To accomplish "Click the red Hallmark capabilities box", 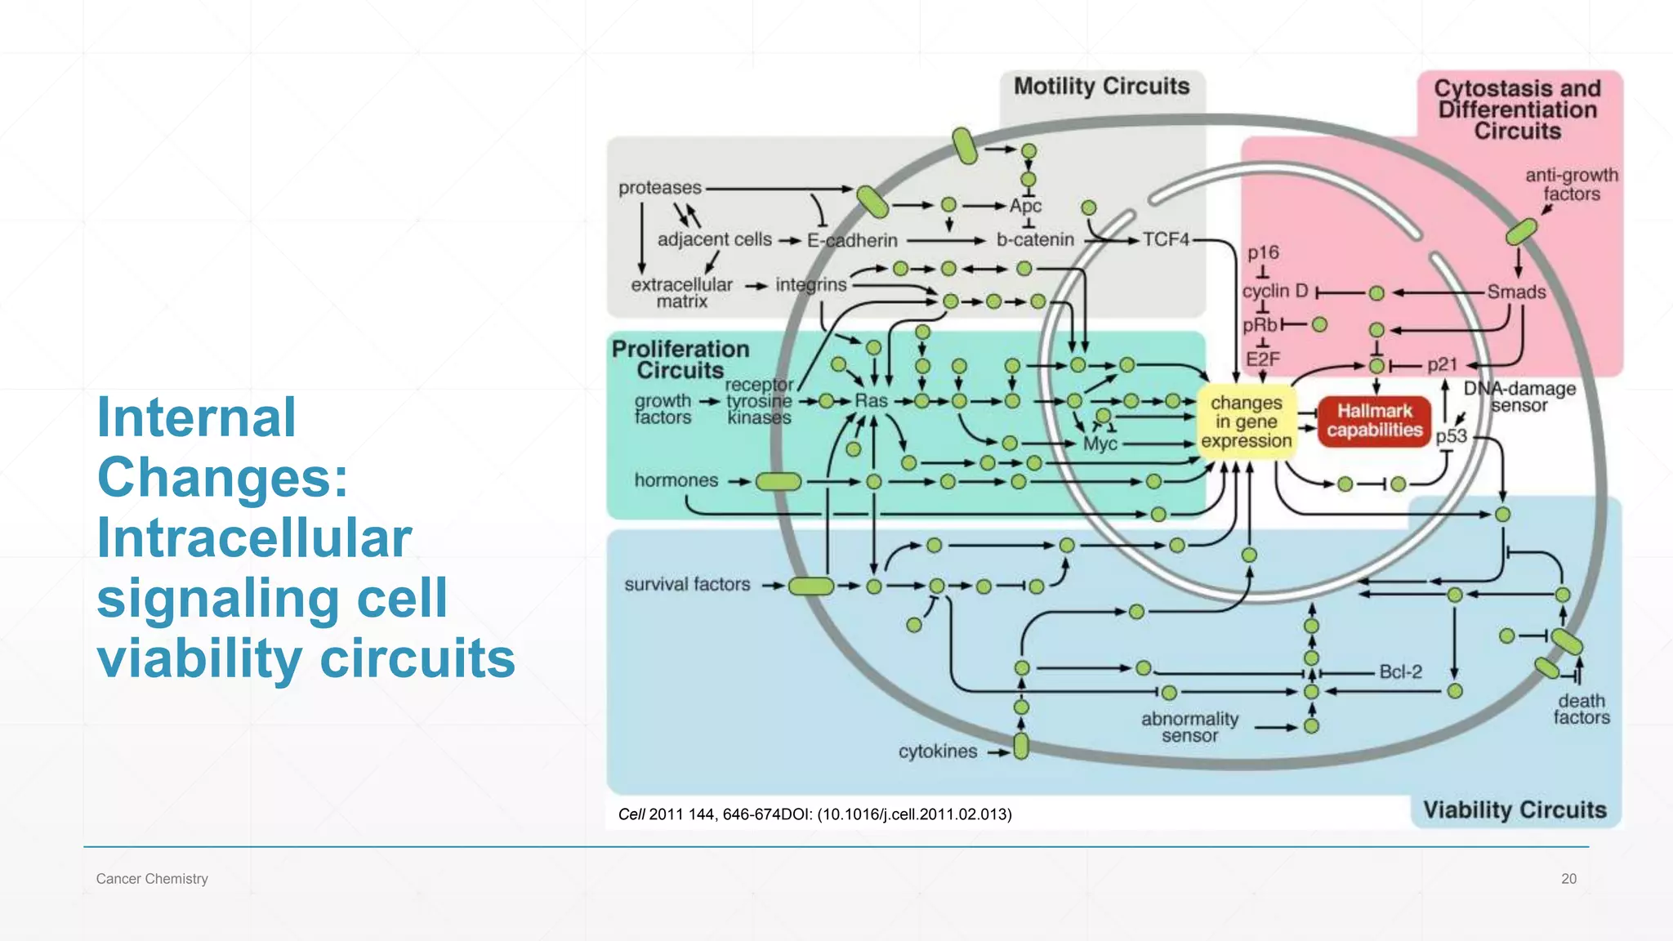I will tap(1374, 421).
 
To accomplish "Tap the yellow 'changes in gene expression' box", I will tap(1246, 421).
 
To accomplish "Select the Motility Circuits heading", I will tap(1101, 87).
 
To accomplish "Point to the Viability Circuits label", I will tap(1515, 809).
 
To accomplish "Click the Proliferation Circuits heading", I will tap(680, 359).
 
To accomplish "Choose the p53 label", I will tap(1451, 436).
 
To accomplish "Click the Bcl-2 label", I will tap(1400, 671).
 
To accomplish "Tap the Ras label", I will tap(871, 401).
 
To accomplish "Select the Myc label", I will tap(1100, 444).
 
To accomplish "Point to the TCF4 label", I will tap(1166, 239).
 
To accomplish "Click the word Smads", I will tap(1516, 292).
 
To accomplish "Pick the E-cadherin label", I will tap(852, 240).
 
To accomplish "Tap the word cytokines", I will tap(938, 751).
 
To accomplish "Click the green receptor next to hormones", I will tap(779, 482).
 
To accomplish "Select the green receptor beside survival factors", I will tap(811, 586).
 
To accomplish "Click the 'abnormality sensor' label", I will tap(1189, 727).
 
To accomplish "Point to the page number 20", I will tap(1568, 879).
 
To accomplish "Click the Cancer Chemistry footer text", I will tap(152, 879).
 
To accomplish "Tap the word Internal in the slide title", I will tap(196, 417).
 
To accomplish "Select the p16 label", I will tap(1263, 253).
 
